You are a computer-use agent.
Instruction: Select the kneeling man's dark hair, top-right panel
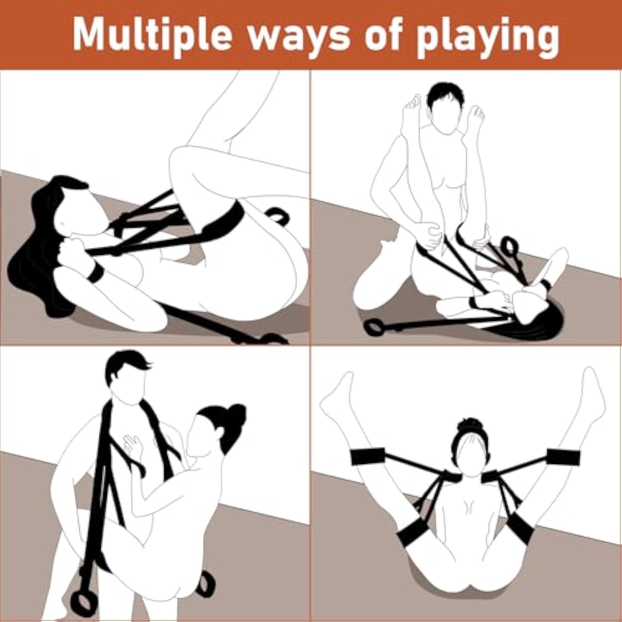[444, 96]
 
